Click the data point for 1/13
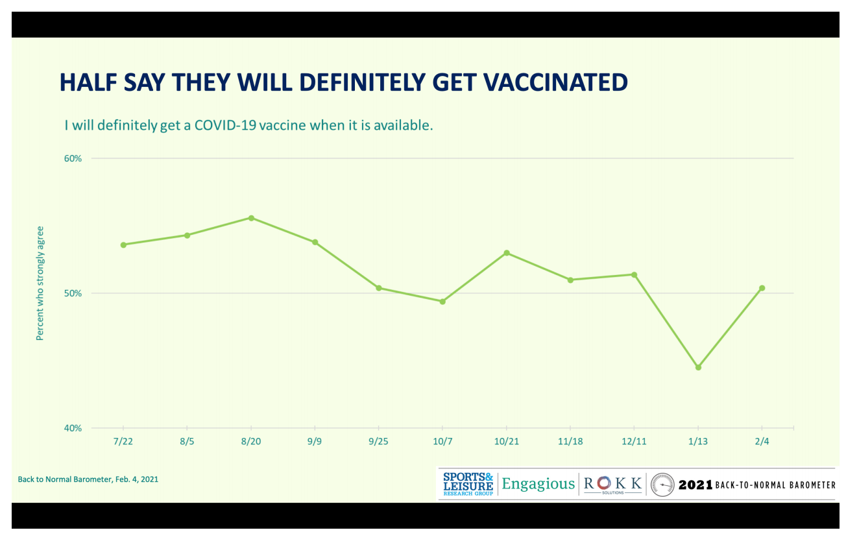pos(698,368)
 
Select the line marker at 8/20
pos(251,218)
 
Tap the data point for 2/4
pos(762,288)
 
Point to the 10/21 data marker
pos(507,253)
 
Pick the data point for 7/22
pos(123,245)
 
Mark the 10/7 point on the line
pos(442,302)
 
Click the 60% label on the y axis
pos(73,158)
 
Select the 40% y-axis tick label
pos(73,428)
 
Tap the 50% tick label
pos(73,293)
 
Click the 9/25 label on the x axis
pos(379,440)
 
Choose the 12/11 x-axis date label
pos(634,440)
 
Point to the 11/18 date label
pos(570,440)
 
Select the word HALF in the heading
pos(86,82)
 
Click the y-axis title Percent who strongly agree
pos(40,283)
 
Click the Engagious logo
pos(538,484)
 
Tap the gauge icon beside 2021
pos(662,485)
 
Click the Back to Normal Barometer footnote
pos(88,479)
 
